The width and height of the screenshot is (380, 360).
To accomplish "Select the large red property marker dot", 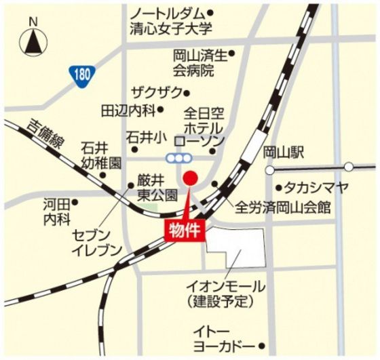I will pos(191,178).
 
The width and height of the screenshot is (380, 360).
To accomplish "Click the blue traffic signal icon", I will pos(178,157).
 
